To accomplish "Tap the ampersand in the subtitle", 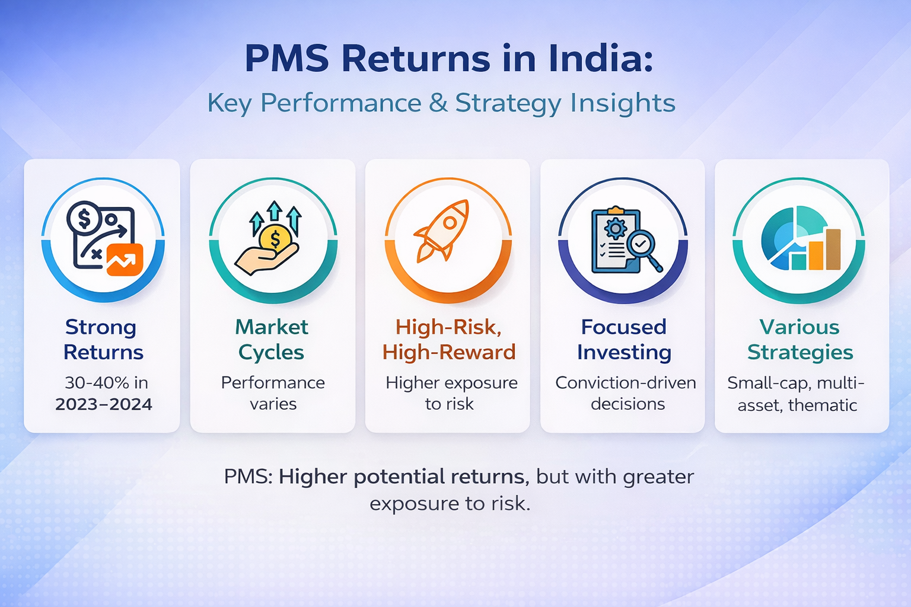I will tap(438, 103).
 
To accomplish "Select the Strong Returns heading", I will tap(102, 339).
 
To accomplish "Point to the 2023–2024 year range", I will tap(104, 404).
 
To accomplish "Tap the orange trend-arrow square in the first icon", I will tap(125, 260).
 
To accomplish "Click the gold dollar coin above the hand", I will tap(275, 239).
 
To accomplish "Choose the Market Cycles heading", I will tap(272, 339).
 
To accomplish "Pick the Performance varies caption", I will tap(273, 393).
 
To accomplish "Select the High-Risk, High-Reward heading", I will tap(448, 339).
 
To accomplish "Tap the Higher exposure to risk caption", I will tap(451, 393).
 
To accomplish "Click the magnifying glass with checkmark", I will tap(642, 244).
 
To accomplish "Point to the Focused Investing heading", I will tap(623, 339).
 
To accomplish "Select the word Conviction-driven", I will tap(626, 383).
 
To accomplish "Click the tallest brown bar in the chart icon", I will tap(833, 249).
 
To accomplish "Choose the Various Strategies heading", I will tap(799, 339).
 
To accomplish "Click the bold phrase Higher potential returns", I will tap(401, 477).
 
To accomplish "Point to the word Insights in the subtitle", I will tap(623, 103).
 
